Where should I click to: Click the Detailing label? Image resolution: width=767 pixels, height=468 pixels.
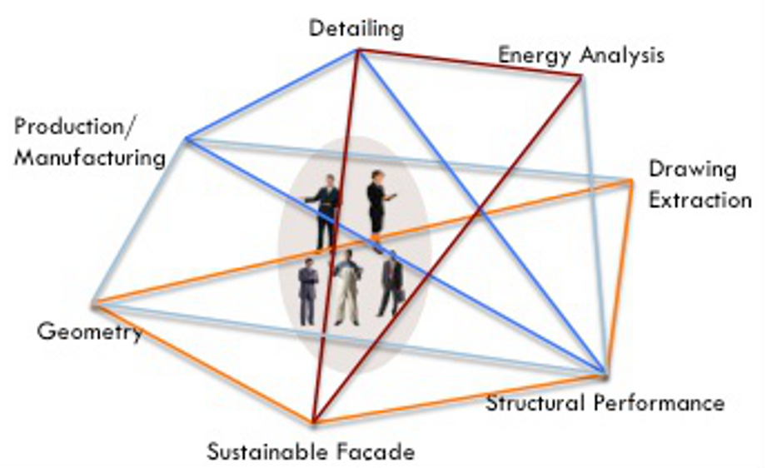point(356,28)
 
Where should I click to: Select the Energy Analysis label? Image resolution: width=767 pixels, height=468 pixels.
point(580,55)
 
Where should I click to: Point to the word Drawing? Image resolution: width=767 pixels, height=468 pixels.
point(692,170)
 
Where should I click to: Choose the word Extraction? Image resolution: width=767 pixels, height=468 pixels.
point(700,200)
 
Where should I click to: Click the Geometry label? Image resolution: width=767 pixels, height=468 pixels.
point(89,332)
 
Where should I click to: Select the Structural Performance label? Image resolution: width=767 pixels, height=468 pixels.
point(605,403)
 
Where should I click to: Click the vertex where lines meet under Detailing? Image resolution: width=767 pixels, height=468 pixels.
point(358,51)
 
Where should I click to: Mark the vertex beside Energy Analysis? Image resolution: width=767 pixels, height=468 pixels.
point(580,77)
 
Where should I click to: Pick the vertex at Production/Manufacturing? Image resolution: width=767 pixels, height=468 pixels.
point(186,138)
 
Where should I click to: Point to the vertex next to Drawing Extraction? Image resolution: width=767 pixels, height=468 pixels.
point(631,179)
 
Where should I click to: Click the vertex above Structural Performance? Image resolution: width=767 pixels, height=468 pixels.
point(603,372)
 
